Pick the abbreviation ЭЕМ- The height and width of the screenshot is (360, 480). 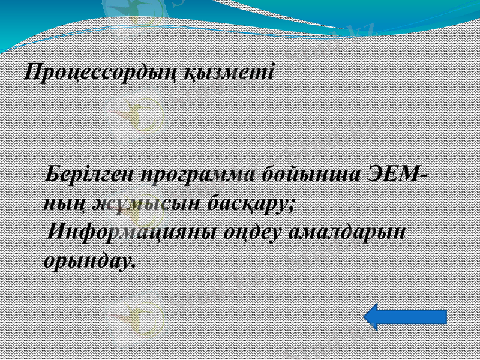pyautogui.click(x=397, y=175)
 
